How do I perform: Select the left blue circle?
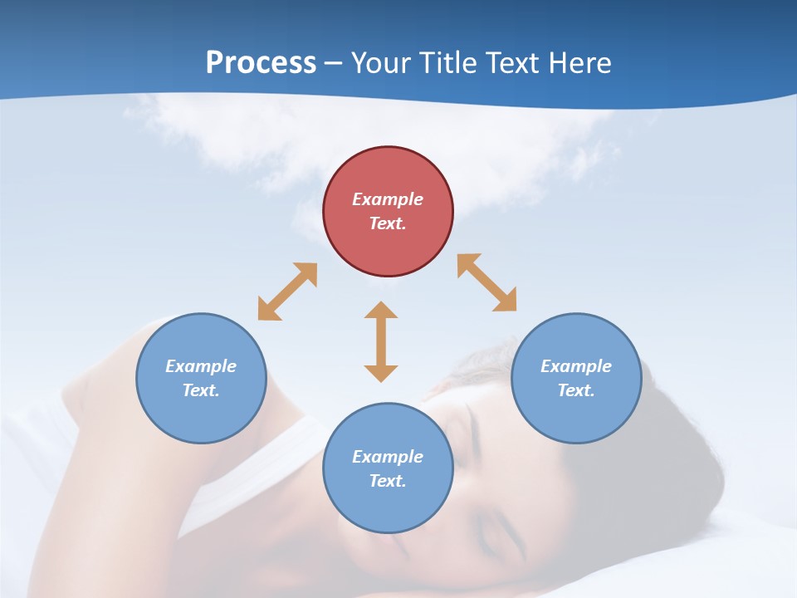[x=201, y=378]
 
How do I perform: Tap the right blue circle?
[x=576, y=378]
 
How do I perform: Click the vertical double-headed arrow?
[x=381, y=341]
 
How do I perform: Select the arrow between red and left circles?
[x=287, y=292]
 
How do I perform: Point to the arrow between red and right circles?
[x=487, y=283]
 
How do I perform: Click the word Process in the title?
[x=261, y=62]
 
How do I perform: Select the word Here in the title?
[x=581, y=62]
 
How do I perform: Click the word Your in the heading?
[x=383, y=62]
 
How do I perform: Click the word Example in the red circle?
[x=388, y=199]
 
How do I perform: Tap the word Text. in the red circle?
[x=388, y=223]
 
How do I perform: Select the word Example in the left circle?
[x=201, y=366]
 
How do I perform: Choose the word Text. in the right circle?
[x=576, y=390]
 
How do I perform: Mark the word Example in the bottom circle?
[x=388, y=457]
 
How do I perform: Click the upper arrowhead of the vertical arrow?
[x=381, y=310]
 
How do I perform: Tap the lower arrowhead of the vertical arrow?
[x=381, y=373]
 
